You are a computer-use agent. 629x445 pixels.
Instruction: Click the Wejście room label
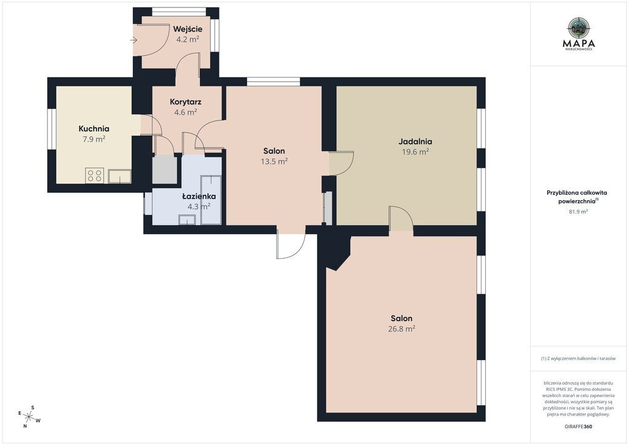188,30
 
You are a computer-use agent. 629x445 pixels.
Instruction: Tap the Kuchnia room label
94,128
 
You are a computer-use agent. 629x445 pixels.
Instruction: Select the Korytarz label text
185,102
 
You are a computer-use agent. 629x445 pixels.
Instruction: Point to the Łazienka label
199,197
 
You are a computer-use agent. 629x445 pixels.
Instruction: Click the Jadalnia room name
415,141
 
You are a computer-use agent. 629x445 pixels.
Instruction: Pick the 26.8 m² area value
403,329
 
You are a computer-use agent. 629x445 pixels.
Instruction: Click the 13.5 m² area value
274,162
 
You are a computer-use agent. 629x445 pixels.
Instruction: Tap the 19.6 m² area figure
416,152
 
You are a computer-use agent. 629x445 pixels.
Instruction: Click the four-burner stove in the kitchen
95,176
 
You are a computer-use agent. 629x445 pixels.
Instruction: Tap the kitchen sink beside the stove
119,176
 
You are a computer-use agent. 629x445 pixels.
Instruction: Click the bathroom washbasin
187,219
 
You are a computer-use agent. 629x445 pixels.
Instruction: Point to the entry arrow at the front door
134,40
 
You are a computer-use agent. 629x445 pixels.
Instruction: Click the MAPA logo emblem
579,27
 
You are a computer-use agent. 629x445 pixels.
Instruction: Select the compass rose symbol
29,416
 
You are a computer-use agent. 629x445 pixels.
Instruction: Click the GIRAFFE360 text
577,427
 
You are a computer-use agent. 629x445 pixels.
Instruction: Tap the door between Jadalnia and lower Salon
401,218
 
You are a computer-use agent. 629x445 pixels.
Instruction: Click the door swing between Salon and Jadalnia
341,163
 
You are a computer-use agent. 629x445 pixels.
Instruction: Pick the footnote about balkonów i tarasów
578,359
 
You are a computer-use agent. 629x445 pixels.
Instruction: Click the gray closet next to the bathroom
165,170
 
